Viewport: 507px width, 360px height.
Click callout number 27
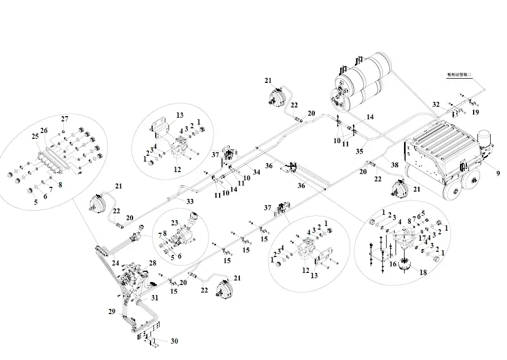point(64,118)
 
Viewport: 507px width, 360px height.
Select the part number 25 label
point(35,136)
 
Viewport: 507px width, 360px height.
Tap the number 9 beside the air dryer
point(497,173)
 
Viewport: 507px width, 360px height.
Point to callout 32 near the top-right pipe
point(436,105)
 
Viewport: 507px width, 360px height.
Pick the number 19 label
point(475,112)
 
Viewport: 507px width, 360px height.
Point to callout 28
point(153,262)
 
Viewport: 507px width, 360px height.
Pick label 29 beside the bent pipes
point(112,312)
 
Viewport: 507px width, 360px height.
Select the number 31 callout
point(155,298)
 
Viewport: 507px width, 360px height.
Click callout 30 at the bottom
point(174,341)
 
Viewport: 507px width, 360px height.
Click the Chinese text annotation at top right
point(458,75)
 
